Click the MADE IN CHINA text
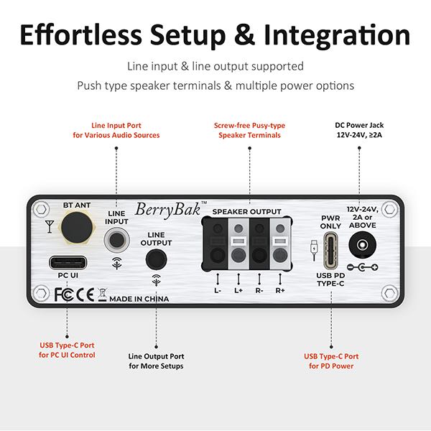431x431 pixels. click(x=139, y=298)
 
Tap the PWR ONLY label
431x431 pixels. click(x=330, y=222)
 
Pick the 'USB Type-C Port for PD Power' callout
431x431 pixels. click(x=330, y=361)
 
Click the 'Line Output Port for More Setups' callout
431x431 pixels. click(x=156, y=361)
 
